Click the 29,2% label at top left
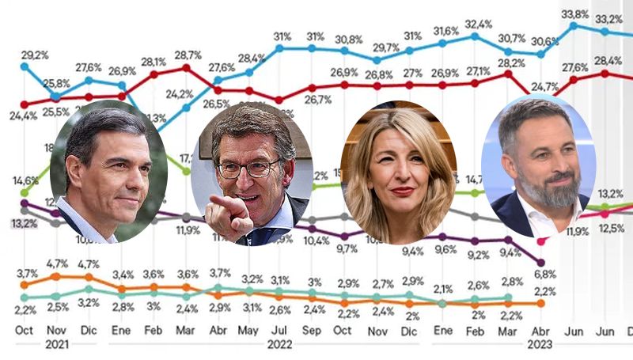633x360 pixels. [x=34, y=55]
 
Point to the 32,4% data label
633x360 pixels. [x=479, y=24]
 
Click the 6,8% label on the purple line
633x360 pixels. [x=543, y=274]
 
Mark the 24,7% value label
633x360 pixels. [x=545, y=86]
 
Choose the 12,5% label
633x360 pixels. [x=606, y=229]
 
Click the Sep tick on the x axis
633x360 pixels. [x=312, y=330]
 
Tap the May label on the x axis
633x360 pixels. [x=248, y=330]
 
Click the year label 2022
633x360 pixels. [x=281, y=345]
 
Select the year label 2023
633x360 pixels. [x=541, y=345]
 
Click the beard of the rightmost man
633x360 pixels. [x=551, y=190]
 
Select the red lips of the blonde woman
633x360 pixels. [x=402, y=191]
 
